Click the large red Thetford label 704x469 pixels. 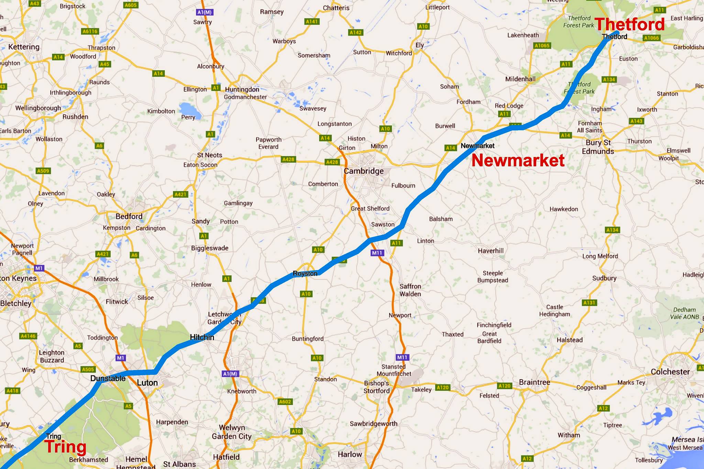pos(629,24)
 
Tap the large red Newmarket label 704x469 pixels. pos(518,160)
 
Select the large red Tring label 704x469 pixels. pos(65,447)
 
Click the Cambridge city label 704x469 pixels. pos(364,171)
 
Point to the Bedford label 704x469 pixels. pos(129,216)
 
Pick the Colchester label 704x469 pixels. pos(670,372)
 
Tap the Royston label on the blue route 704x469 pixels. pos(305,273)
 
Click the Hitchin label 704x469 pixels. pos(202,337)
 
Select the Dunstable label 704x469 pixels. pos(108,378)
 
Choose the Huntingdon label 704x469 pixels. pos(242,90)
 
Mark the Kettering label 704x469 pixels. pos(24,47)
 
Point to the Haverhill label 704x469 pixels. pos(491,251)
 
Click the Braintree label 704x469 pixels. pos(535,382)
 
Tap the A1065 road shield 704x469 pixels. pos(542,45)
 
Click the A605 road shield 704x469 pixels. pos(131,5)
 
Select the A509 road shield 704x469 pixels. pos(43,171)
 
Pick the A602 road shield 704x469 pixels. pos(285,402)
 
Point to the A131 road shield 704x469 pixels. pos(590,303)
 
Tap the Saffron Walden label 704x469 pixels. pos(410,290)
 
